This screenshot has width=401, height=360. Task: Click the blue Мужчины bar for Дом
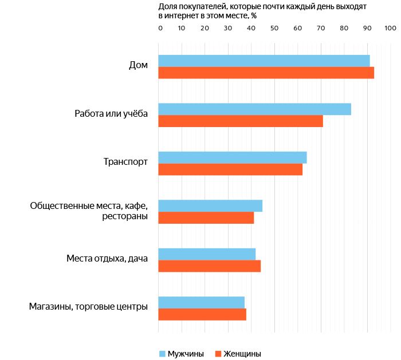point(264,60)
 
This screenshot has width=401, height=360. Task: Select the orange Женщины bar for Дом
point(266,73)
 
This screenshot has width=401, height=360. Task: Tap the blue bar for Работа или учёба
point(254,109)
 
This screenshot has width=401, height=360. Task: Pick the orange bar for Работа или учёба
point(241,121)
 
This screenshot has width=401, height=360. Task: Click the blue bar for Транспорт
point(232,157)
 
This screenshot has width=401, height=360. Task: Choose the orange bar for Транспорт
point(230,169)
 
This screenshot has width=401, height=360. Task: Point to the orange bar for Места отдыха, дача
point(209,266)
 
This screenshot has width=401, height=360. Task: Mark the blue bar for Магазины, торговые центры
point(201,302)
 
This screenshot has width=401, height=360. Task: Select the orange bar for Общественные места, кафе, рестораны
point(206,217)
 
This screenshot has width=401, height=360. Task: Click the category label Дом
point(138,65)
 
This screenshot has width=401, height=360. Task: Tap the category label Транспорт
point(125,162)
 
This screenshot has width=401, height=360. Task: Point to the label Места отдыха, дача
point(107,259)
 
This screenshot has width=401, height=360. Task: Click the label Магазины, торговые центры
point(88,307)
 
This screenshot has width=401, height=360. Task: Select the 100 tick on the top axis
point(390,28)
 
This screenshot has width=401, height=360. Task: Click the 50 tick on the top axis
point(274,28)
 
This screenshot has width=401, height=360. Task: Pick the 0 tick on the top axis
point(160,28)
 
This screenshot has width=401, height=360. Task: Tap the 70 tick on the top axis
point(321,28)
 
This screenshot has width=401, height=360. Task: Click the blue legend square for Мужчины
point(162,354)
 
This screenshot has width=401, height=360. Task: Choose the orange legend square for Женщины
point(218,354)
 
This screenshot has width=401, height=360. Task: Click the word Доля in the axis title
point(167,6)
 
